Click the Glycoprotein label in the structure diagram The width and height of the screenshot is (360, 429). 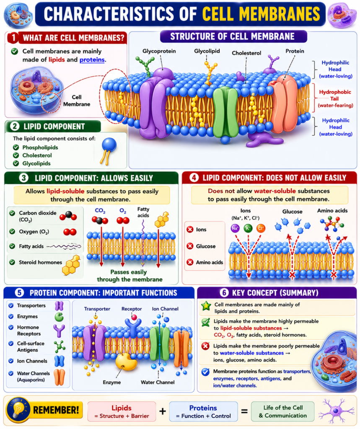pyautogui.click(x=159, y=51)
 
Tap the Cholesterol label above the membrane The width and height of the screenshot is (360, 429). pyautogui.click(x=246, y=53)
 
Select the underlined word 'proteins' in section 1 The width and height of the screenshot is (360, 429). pyautogui.click(x=92, y=60)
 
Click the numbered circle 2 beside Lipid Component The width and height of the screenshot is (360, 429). pyautogui.click(x=15, y=127)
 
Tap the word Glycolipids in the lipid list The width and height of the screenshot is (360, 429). pyautogui.click(x=36, y=163)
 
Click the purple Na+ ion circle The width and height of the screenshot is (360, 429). pyautogui.click(x=235, y=228)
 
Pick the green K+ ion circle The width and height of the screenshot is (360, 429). pyautogui.click(x=248, y=228)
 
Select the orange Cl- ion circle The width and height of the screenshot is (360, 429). pyautogui.click(x=261, y=228)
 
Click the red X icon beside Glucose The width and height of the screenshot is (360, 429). pyautogui.click(x=190, y=246)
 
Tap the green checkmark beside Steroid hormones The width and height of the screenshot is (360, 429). pyautogui.click(x=12, y=262)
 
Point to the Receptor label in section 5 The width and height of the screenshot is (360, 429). pyautogui.click(x=132, y=309)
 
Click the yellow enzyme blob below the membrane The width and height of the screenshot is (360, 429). pyautogui.click(x=126, y=362)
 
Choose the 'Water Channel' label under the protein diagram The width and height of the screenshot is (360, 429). pyautogui.click(x=158, y=382)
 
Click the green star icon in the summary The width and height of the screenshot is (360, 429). pyautogui.click(x=206, y=306)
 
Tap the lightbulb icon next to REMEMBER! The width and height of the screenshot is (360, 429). pyautogui.click(x=18, y=410)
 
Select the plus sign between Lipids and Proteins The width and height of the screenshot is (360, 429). pyautogui.click(x=163, y=411)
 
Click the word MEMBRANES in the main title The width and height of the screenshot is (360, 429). pyautogui.click(x=261, y=14)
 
